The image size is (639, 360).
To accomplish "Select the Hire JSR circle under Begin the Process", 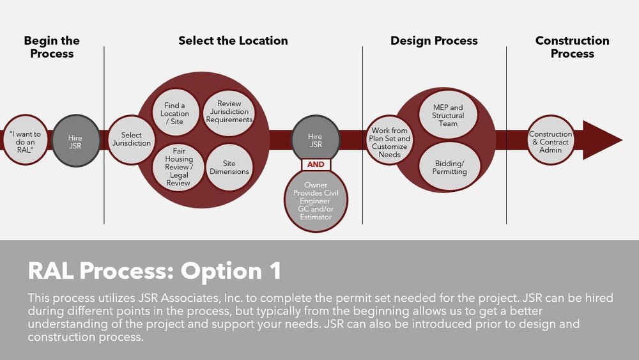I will point(75,141).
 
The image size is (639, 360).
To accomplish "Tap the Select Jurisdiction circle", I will point(131,139).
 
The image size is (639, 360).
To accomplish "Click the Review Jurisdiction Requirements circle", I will point(229,113).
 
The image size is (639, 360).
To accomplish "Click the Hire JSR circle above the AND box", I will point(315,141).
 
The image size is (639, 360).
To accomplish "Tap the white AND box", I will point(315,164).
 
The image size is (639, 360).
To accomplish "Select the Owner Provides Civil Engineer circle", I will point(315,201).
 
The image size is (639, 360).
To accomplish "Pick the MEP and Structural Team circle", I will point(448,114).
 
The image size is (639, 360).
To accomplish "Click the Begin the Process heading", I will point(52,47).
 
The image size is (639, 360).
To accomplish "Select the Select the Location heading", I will point(233,41).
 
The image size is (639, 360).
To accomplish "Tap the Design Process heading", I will point(434,41).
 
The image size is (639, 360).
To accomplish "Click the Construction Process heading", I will point(572,47).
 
